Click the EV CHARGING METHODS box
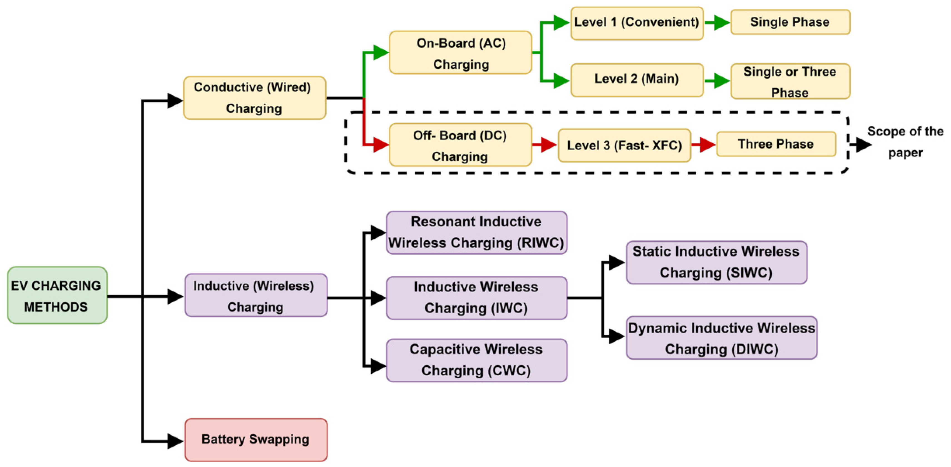pyautogui.click(x=57, y=295)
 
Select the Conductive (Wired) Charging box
pyautogui.click(x=254, y=98)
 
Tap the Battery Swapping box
pyautogui.click(x=256, y=440)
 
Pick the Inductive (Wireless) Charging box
pyautogui.click(x=256, y=295)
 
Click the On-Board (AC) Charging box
pyautogui.click(x=460, y=53)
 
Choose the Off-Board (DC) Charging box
pyautogui.click(x=460, y=144)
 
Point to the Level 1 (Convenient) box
pyautogui.click(x=637, y=23)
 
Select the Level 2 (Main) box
pyautogui.click(x=637, y=80)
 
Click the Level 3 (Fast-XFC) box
pyautogui.click(x=624, y=145)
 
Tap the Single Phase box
pyautogui.click(x=790, y=22)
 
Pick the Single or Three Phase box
pyautogui.click(x=790, y=81)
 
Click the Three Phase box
pyautogui.click(x=776, y=144)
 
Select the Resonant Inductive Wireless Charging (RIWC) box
pyautogui.click(x=476, y=233)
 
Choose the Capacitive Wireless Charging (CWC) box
pyautogui.click(x=476, y=360)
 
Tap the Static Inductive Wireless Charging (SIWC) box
pyautogui.click(x=717, y=262)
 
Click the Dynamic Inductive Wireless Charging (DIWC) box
pyautogui.click(x=721, y=338)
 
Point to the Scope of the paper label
pyautogui.click(x=905, y=142)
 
